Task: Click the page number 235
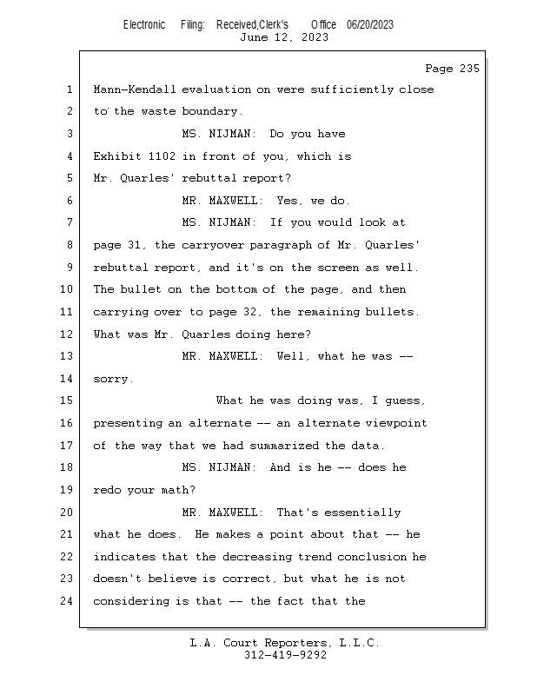[x=469, y=69]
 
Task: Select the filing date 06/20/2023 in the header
[x=370, y=25]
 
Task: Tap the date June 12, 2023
[x=284, y=37]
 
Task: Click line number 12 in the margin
[x=67, y=334]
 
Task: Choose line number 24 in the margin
[x=67, y=601]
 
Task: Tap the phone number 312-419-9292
[x=286, y=655]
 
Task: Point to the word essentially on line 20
[x=362, y=513]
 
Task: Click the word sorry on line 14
[x=112, y=380]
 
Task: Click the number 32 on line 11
[x=250, y=312]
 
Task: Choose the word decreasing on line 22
[x=257, y=557]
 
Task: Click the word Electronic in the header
[x=144, y=25]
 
